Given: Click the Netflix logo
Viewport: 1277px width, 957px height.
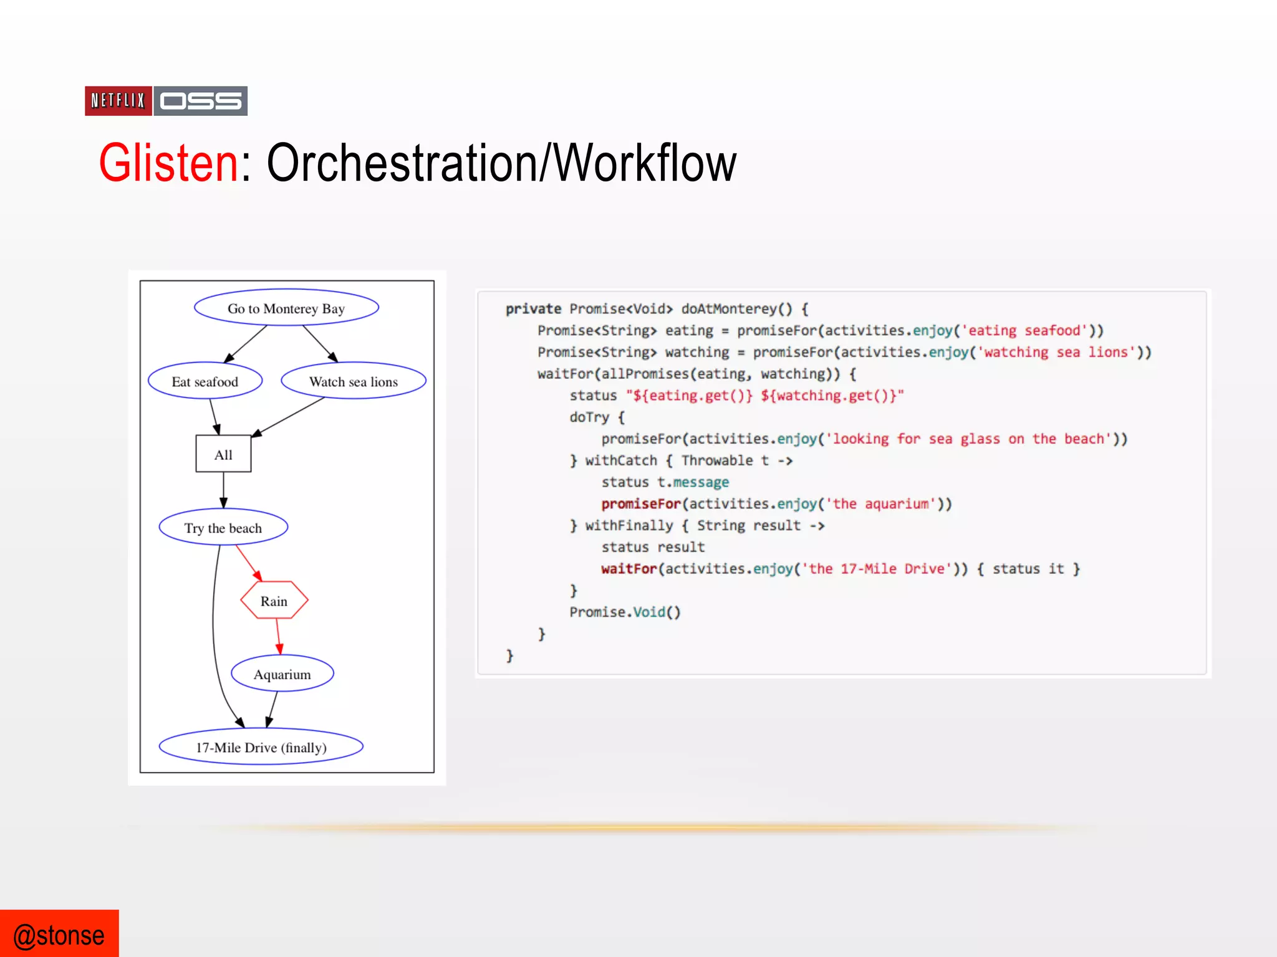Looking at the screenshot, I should point(118,101).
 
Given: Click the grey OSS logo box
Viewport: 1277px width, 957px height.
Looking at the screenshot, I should point(200,101).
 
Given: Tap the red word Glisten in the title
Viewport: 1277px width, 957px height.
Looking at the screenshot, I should point(168,163).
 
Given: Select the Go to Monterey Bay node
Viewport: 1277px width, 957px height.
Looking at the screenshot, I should point(286,308).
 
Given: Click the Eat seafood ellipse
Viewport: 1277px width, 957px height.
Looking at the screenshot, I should point(205,381).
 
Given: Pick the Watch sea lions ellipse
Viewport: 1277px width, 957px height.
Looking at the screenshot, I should point(353,381).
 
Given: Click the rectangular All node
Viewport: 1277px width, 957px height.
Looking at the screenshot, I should point(223,454).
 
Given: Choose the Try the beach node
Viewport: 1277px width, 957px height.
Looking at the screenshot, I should point(223,528).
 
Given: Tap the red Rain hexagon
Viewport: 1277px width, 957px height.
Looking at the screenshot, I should point(274,601).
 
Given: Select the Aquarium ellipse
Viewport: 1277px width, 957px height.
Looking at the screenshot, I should point(282,674).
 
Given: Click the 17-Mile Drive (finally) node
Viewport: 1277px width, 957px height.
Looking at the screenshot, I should point(261,746).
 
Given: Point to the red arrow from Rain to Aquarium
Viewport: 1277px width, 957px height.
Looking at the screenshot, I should point(278,636).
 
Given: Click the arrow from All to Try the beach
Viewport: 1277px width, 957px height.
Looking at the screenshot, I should point(223,490).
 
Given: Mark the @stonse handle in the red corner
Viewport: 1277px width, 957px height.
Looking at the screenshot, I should point(59,935).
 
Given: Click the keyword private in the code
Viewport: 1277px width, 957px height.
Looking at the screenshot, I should point(533,309).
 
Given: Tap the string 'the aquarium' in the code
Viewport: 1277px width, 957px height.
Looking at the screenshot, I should point(881,504).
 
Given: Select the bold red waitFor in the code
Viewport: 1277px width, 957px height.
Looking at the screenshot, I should point(629,569).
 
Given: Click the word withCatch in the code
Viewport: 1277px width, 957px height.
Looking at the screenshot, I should point(621,460).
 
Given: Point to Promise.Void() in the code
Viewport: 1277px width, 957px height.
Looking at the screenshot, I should point(625,612).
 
